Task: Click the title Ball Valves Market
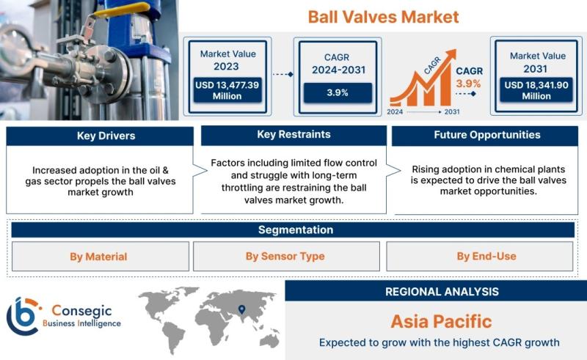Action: [x=383, y=17]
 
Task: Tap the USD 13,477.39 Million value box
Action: [x=227, y=90]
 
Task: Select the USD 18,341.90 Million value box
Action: [x=536, y=90]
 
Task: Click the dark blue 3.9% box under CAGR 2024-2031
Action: [x=338, y=93]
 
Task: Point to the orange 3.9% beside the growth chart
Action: [x=468, y=84]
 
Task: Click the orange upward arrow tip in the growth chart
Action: [x=454, y=51]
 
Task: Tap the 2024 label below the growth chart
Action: [x=395, y=111]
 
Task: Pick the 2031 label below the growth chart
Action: [x=452, y=111]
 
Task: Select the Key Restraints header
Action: [x=294, y=135]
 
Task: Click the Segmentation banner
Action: [x=293, y=229]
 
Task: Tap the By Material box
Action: [x=101, y=257]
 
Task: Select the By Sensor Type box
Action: [x=286, y=257]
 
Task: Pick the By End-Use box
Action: [x=480, y=257]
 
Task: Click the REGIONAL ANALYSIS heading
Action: [x=442, y=292]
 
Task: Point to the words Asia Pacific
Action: [x=442, y=321]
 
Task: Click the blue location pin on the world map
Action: [x=242, y=309]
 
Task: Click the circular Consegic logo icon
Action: [x=23, y=317]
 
